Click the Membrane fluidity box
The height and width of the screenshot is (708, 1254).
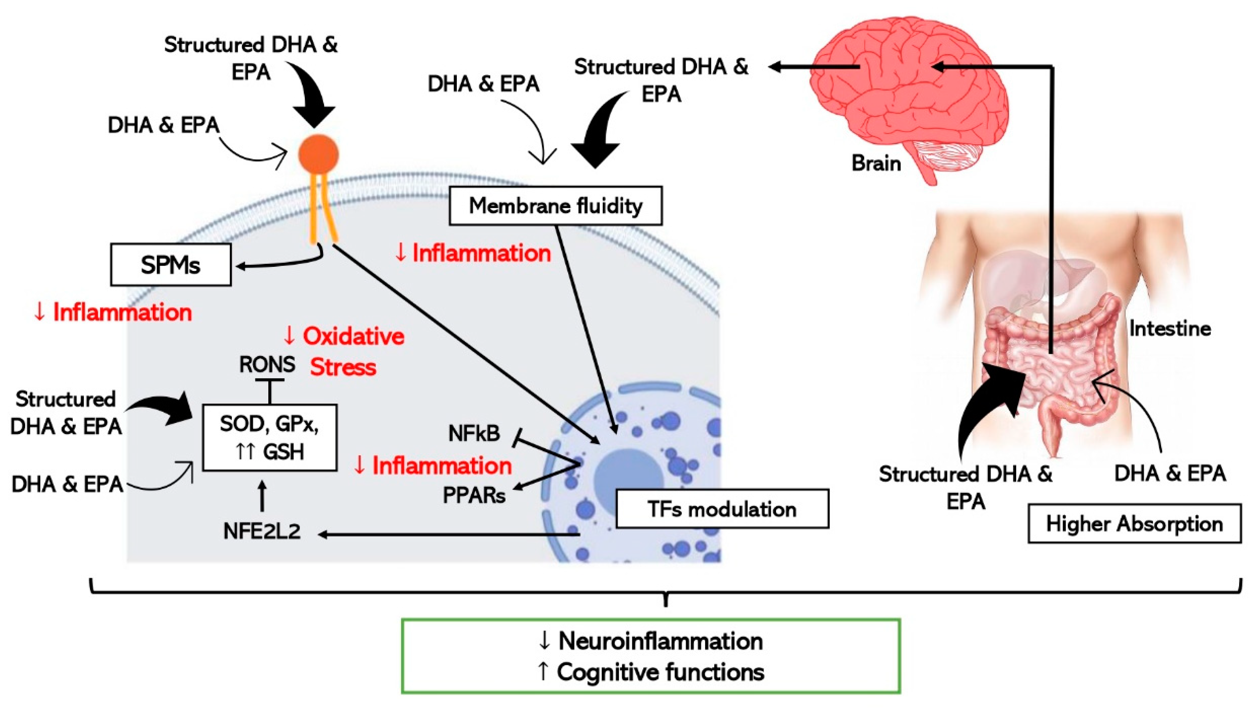pyautogui.click(x=555, y=206)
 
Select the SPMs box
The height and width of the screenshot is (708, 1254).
pyautogui.click(x=170, y=265)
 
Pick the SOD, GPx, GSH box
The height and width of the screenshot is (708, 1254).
pyautogui.click(x=269, y=437)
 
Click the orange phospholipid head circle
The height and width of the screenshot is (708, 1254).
pyautogui.click(x=319, y=154)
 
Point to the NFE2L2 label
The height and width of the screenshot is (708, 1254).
pyautogui.click(x=262, y=531)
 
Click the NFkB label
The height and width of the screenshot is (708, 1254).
pyautogui.click(x=474, y=433)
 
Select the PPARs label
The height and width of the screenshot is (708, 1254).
pyautogui.click(x=474, y=496)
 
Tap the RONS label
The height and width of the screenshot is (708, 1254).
pyautogui.click(x=267, y=364)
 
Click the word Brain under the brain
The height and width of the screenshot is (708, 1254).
pyautogui.click(x=876, y=163)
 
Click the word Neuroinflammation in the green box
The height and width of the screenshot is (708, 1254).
pyautogui.click(x=660, y=641)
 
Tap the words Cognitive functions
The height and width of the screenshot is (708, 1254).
pyautogui.click(x=660, y=672)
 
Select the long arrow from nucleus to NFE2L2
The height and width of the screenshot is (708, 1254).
pyautogui.click(x=448, y=535)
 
